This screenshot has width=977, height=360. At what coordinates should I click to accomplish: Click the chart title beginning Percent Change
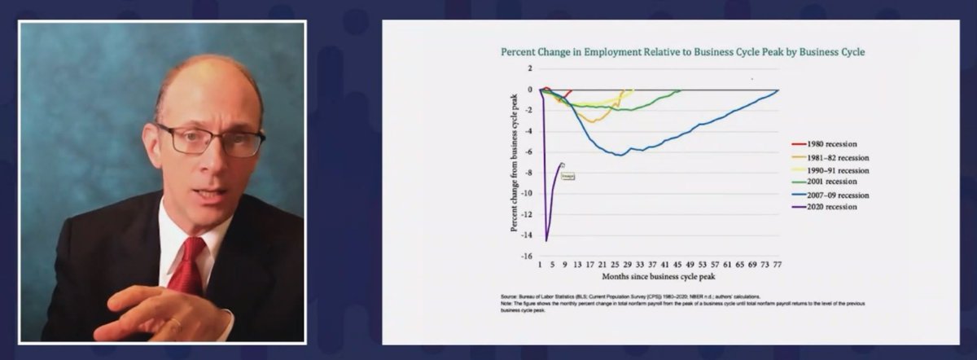(681, 52)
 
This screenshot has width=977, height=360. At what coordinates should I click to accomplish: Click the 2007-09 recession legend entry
(827, 195)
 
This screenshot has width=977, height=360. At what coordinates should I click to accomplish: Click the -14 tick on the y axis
(528, 235)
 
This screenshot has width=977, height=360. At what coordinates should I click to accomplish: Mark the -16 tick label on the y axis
(528, 256)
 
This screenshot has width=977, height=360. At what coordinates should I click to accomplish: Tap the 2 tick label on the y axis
(530, 68)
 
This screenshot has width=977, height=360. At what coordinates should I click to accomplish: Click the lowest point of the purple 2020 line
(546, 240)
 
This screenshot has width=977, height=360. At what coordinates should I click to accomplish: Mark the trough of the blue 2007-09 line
(620, 155)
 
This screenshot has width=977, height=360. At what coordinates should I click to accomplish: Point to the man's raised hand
(142, 314)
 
